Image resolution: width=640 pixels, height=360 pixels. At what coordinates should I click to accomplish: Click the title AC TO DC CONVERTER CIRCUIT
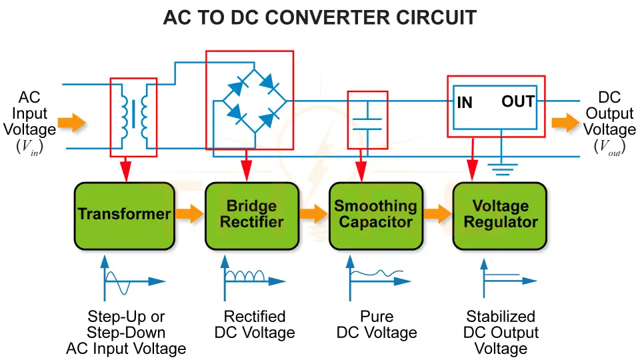click(320, 18)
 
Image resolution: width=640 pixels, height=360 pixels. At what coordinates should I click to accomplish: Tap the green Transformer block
click(124, 214)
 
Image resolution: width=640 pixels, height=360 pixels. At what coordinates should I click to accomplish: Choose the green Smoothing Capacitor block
click(375, 214)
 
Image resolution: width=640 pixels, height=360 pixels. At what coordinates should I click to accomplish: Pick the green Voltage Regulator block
click(500, 214)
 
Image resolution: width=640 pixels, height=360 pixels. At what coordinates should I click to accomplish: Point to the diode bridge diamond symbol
click(249, 101)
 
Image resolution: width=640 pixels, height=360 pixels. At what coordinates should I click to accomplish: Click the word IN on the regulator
click(465, 103)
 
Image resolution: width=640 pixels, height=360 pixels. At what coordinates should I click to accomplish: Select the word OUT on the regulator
click(517, 101)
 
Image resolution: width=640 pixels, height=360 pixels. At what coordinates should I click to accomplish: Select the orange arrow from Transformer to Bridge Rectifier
click(189, 214)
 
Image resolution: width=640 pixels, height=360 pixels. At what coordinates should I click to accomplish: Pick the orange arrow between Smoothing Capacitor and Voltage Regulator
click(437, 214)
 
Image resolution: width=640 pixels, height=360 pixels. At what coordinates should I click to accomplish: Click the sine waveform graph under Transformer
click(130, 278)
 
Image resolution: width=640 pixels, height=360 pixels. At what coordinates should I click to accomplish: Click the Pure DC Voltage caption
click(377, 325)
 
